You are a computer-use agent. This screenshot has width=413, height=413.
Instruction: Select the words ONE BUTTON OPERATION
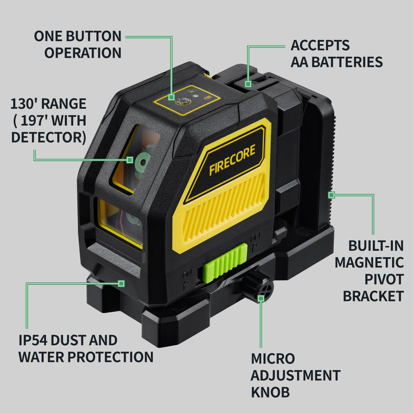[78, 44]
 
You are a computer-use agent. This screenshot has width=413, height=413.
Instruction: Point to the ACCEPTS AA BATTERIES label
[337, 53]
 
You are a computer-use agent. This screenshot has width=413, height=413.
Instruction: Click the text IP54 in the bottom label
[36, 341]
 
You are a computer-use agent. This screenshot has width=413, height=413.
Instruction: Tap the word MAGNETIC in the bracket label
[369, 262]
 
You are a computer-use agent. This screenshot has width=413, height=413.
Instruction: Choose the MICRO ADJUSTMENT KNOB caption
[296, 375]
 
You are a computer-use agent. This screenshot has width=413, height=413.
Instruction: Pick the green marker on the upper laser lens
[130, 159]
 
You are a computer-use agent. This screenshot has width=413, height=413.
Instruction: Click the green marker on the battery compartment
[248, 84]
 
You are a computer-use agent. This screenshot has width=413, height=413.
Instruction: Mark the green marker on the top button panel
[171, 97]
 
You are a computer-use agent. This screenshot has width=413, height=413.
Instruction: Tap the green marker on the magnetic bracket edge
[330, 194]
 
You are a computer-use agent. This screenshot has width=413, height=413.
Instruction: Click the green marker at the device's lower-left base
[121, 283]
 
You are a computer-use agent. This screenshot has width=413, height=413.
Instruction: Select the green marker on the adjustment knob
[261, 298]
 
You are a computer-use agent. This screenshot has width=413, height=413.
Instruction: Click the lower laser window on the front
[120, 223]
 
